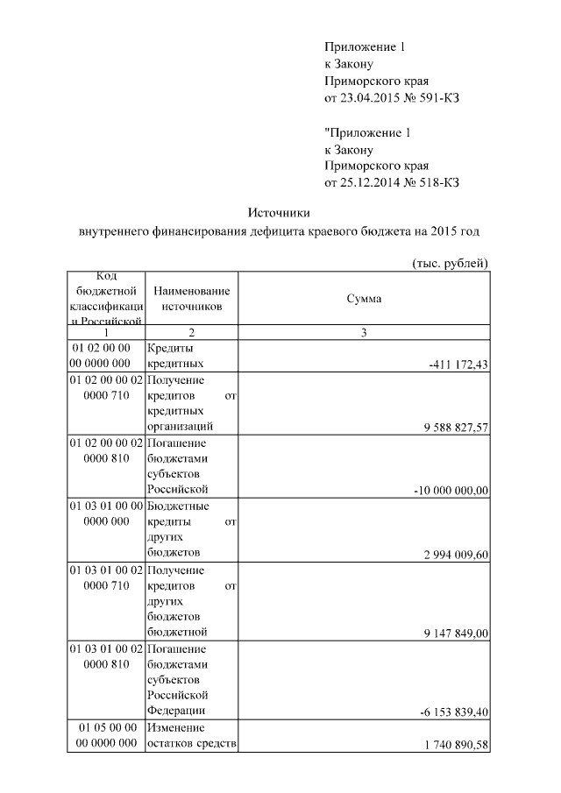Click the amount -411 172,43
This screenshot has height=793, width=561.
458,365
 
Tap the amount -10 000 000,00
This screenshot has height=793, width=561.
450,491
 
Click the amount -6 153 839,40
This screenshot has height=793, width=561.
451,712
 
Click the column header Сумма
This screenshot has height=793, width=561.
363,299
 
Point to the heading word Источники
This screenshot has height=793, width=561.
279,213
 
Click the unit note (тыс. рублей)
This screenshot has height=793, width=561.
449,264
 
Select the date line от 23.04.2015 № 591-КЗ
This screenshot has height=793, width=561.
392,97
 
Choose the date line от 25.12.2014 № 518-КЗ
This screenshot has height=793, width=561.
392,182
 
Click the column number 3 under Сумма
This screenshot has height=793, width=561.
363,333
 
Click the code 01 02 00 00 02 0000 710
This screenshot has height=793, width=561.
105,388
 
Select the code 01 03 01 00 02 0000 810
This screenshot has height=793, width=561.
105,656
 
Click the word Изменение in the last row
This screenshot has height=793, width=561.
176,728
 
